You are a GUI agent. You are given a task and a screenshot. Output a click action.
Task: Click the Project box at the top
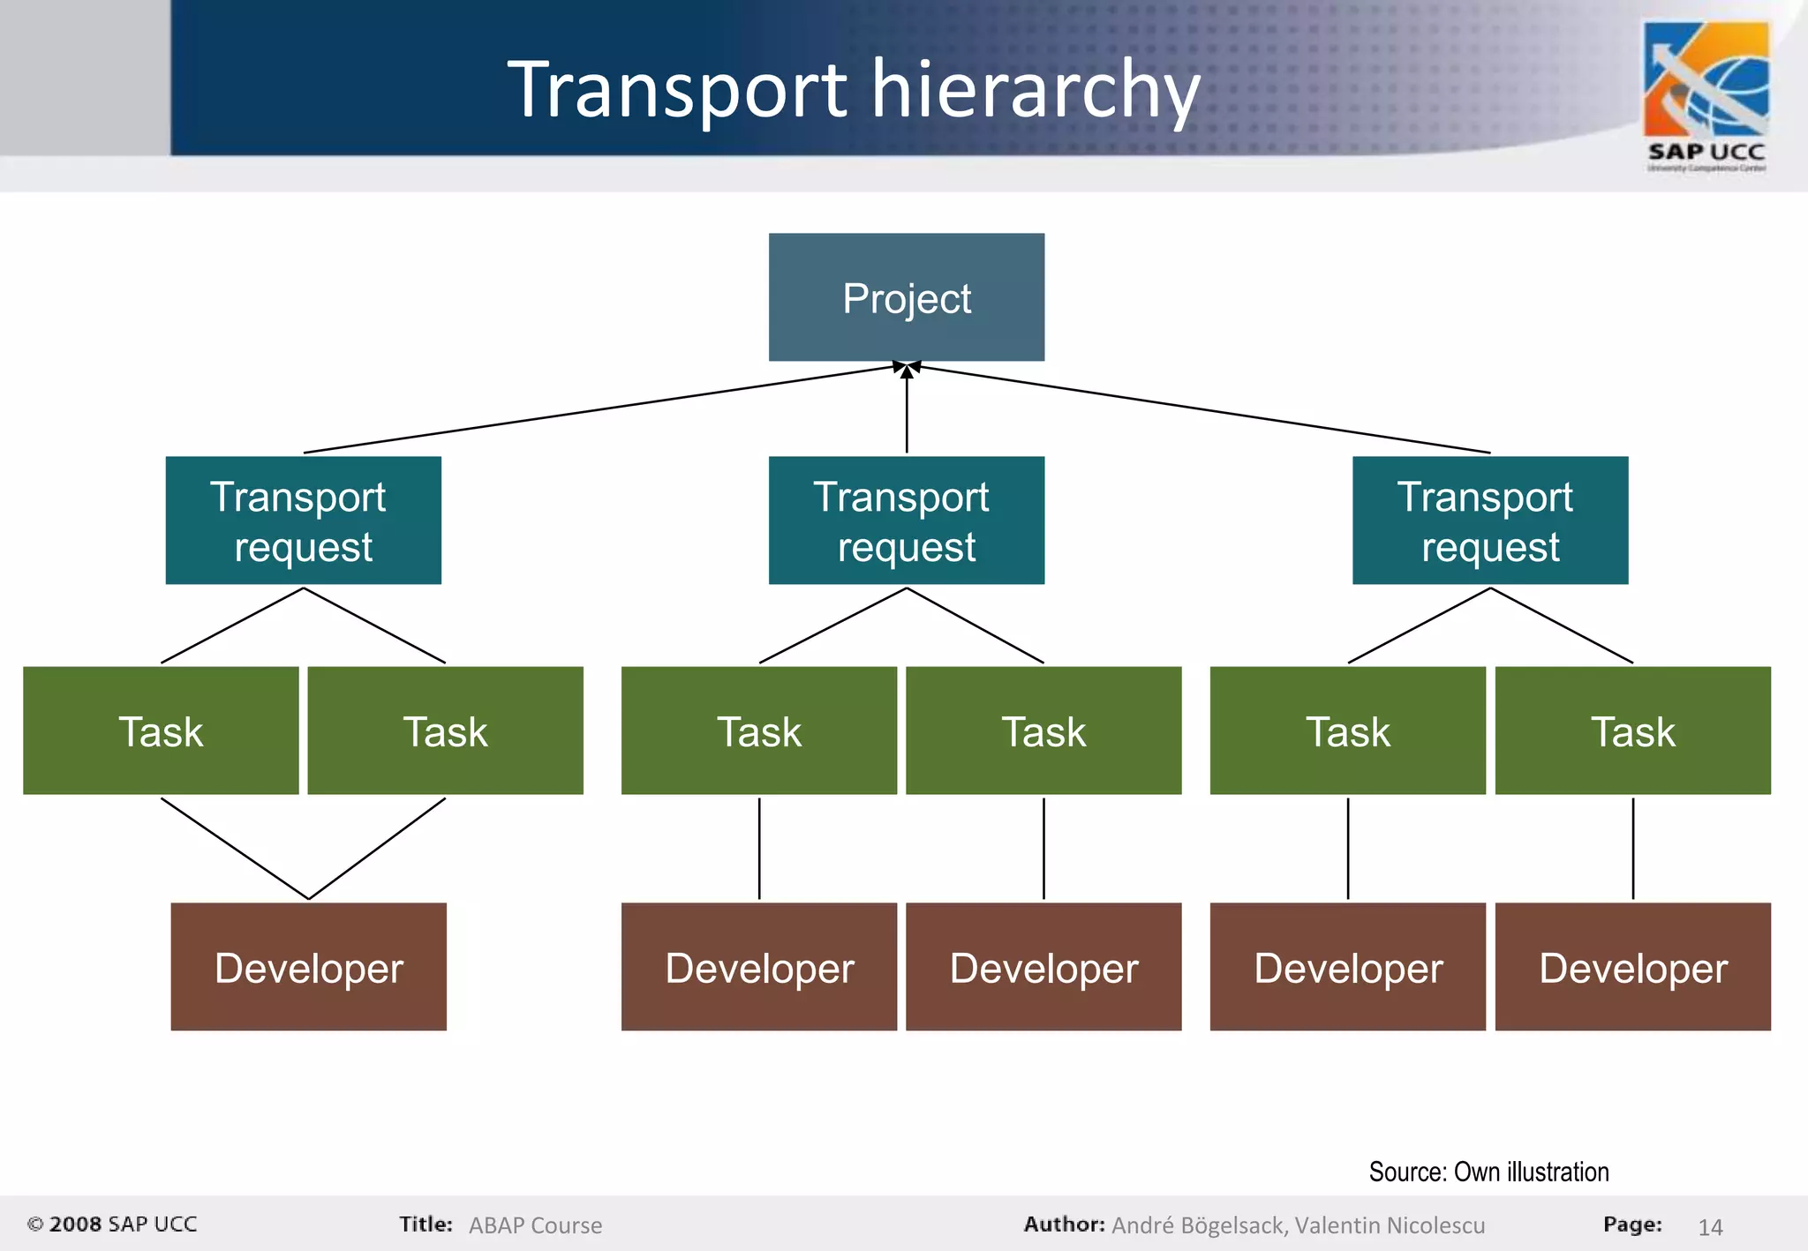point(906,297)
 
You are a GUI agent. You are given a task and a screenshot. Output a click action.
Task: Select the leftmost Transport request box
point(303,521)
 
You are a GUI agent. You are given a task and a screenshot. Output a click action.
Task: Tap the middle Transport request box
point(906,521)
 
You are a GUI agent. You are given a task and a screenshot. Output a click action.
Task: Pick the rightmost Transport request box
point(1490,521)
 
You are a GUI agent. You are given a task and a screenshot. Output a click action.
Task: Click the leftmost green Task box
point(161,730)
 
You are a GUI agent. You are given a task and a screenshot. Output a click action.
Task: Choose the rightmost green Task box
point(1632,730)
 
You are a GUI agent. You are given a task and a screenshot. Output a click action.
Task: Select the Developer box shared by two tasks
point(308,967)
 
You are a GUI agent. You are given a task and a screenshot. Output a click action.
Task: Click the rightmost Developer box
point(1632,967)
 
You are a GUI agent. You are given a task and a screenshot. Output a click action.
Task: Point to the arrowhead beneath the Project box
point(907,369)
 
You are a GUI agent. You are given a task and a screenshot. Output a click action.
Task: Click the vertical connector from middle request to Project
point(907,415)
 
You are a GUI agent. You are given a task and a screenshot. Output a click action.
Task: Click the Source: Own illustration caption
point(1488,1172)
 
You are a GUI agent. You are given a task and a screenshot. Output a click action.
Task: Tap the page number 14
point(1710,1226)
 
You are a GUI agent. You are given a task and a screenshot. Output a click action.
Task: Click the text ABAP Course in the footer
point(535,1225)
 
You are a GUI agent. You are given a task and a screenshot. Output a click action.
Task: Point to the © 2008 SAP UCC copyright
point(112,1225)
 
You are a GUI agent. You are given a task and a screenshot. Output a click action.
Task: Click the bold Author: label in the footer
point(1064,1225)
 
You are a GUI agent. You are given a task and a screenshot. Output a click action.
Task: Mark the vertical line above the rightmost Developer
point(1632,849)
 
